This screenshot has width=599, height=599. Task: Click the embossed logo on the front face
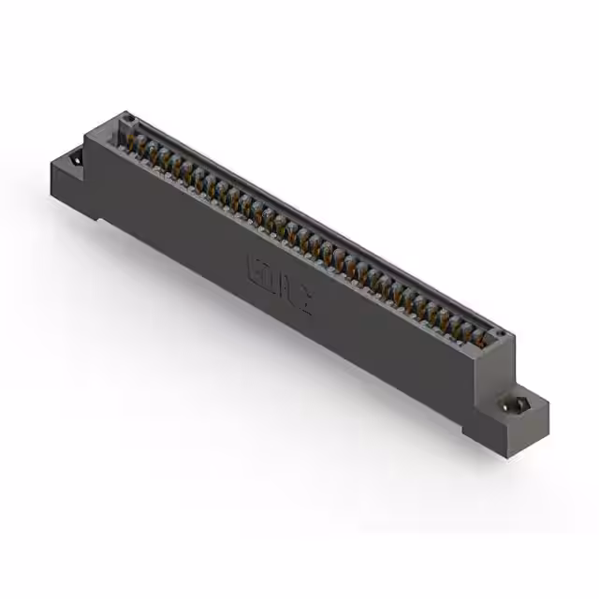coord(278,284)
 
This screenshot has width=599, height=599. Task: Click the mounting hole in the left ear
coord(74,167)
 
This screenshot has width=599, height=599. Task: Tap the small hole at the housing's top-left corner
coord(130,120)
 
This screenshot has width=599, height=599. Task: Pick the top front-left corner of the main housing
coord(87,136)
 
